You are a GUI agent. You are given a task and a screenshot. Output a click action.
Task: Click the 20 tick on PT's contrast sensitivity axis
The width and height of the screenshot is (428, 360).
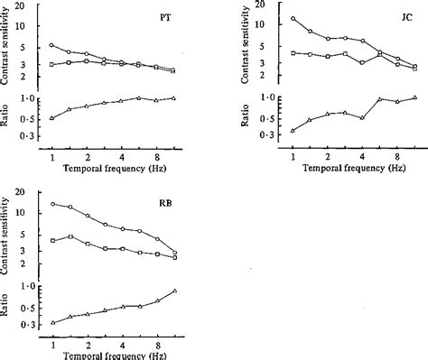point(32,7)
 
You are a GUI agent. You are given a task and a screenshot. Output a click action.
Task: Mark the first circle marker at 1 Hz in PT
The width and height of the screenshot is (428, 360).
point(52,44)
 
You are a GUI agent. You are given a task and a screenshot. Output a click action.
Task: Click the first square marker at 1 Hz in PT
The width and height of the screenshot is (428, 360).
point(52,65)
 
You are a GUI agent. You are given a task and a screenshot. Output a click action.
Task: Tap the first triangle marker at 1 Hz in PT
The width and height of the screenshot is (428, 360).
point(52,117)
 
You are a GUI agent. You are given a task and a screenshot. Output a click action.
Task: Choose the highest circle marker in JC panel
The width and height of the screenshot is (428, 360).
point(293,19)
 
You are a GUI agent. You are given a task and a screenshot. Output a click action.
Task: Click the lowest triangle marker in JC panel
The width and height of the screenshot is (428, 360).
point(293,130)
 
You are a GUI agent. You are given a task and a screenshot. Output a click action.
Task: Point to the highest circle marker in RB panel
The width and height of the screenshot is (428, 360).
point(53,204)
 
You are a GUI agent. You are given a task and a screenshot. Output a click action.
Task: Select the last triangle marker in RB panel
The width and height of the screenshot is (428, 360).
point(174,291)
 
